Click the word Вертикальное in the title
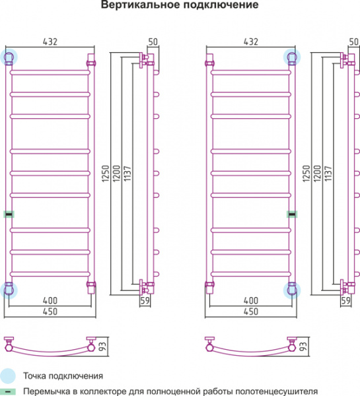140,5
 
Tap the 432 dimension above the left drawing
50,42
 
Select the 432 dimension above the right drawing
251,42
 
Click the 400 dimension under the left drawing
50,300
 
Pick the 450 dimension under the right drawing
251,312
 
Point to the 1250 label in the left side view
106,174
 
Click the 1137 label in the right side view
328,174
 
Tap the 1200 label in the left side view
116,174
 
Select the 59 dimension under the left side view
145,300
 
